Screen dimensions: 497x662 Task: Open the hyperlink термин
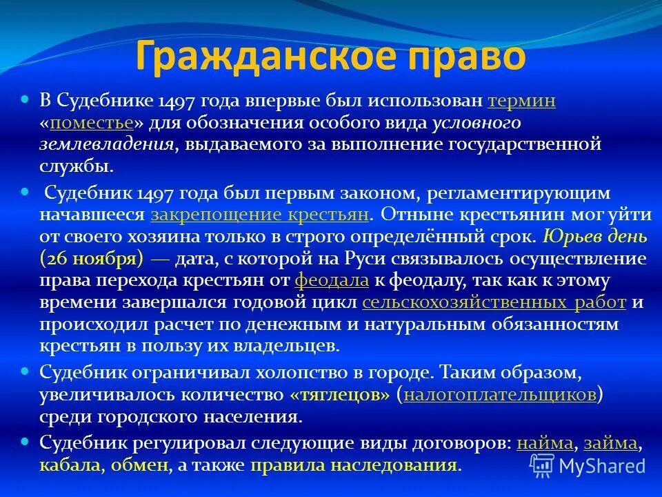pos(521,101)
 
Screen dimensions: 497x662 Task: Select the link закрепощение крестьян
pos(260,214)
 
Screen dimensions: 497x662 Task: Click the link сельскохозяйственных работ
pos(494,303)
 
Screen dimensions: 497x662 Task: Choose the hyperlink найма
pos(544,442)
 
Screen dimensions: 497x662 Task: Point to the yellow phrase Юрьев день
pos(594,237)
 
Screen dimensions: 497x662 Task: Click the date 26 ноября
pos(92,259)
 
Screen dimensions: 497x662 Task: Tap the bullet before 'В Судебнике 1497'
pos(26,100)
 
